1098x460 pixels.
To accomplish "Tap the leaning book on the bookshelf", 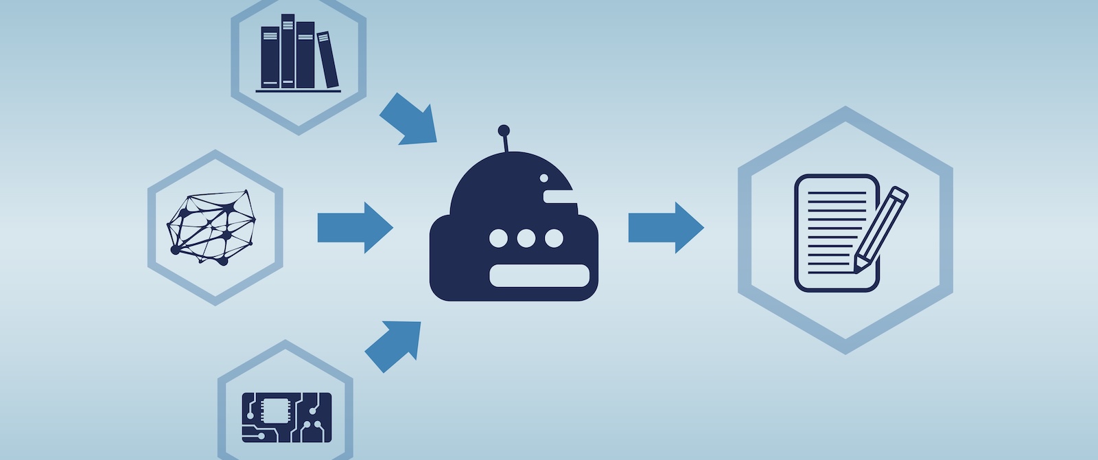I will (328, 60).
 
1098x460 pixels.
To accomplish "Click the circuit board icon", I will (287, 417).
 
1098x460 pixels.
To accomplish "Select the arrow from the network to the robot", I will (354, 227).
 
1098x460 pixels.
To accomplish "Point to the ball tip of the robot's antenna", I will (504, 130).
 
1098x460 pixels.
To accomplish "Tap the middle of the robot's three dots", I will (526, 239).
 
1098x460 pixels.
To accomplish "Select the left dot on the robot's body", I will (499, 239).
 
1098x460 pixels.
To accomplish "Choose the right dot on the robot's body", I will (554, 239).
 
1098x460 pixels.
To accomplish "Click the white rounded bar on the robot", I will (539, 275).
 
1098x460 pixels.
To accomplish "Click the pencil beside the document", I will (881, 229).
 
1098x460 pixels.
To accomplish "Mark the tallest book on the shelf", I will (288, 51).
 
